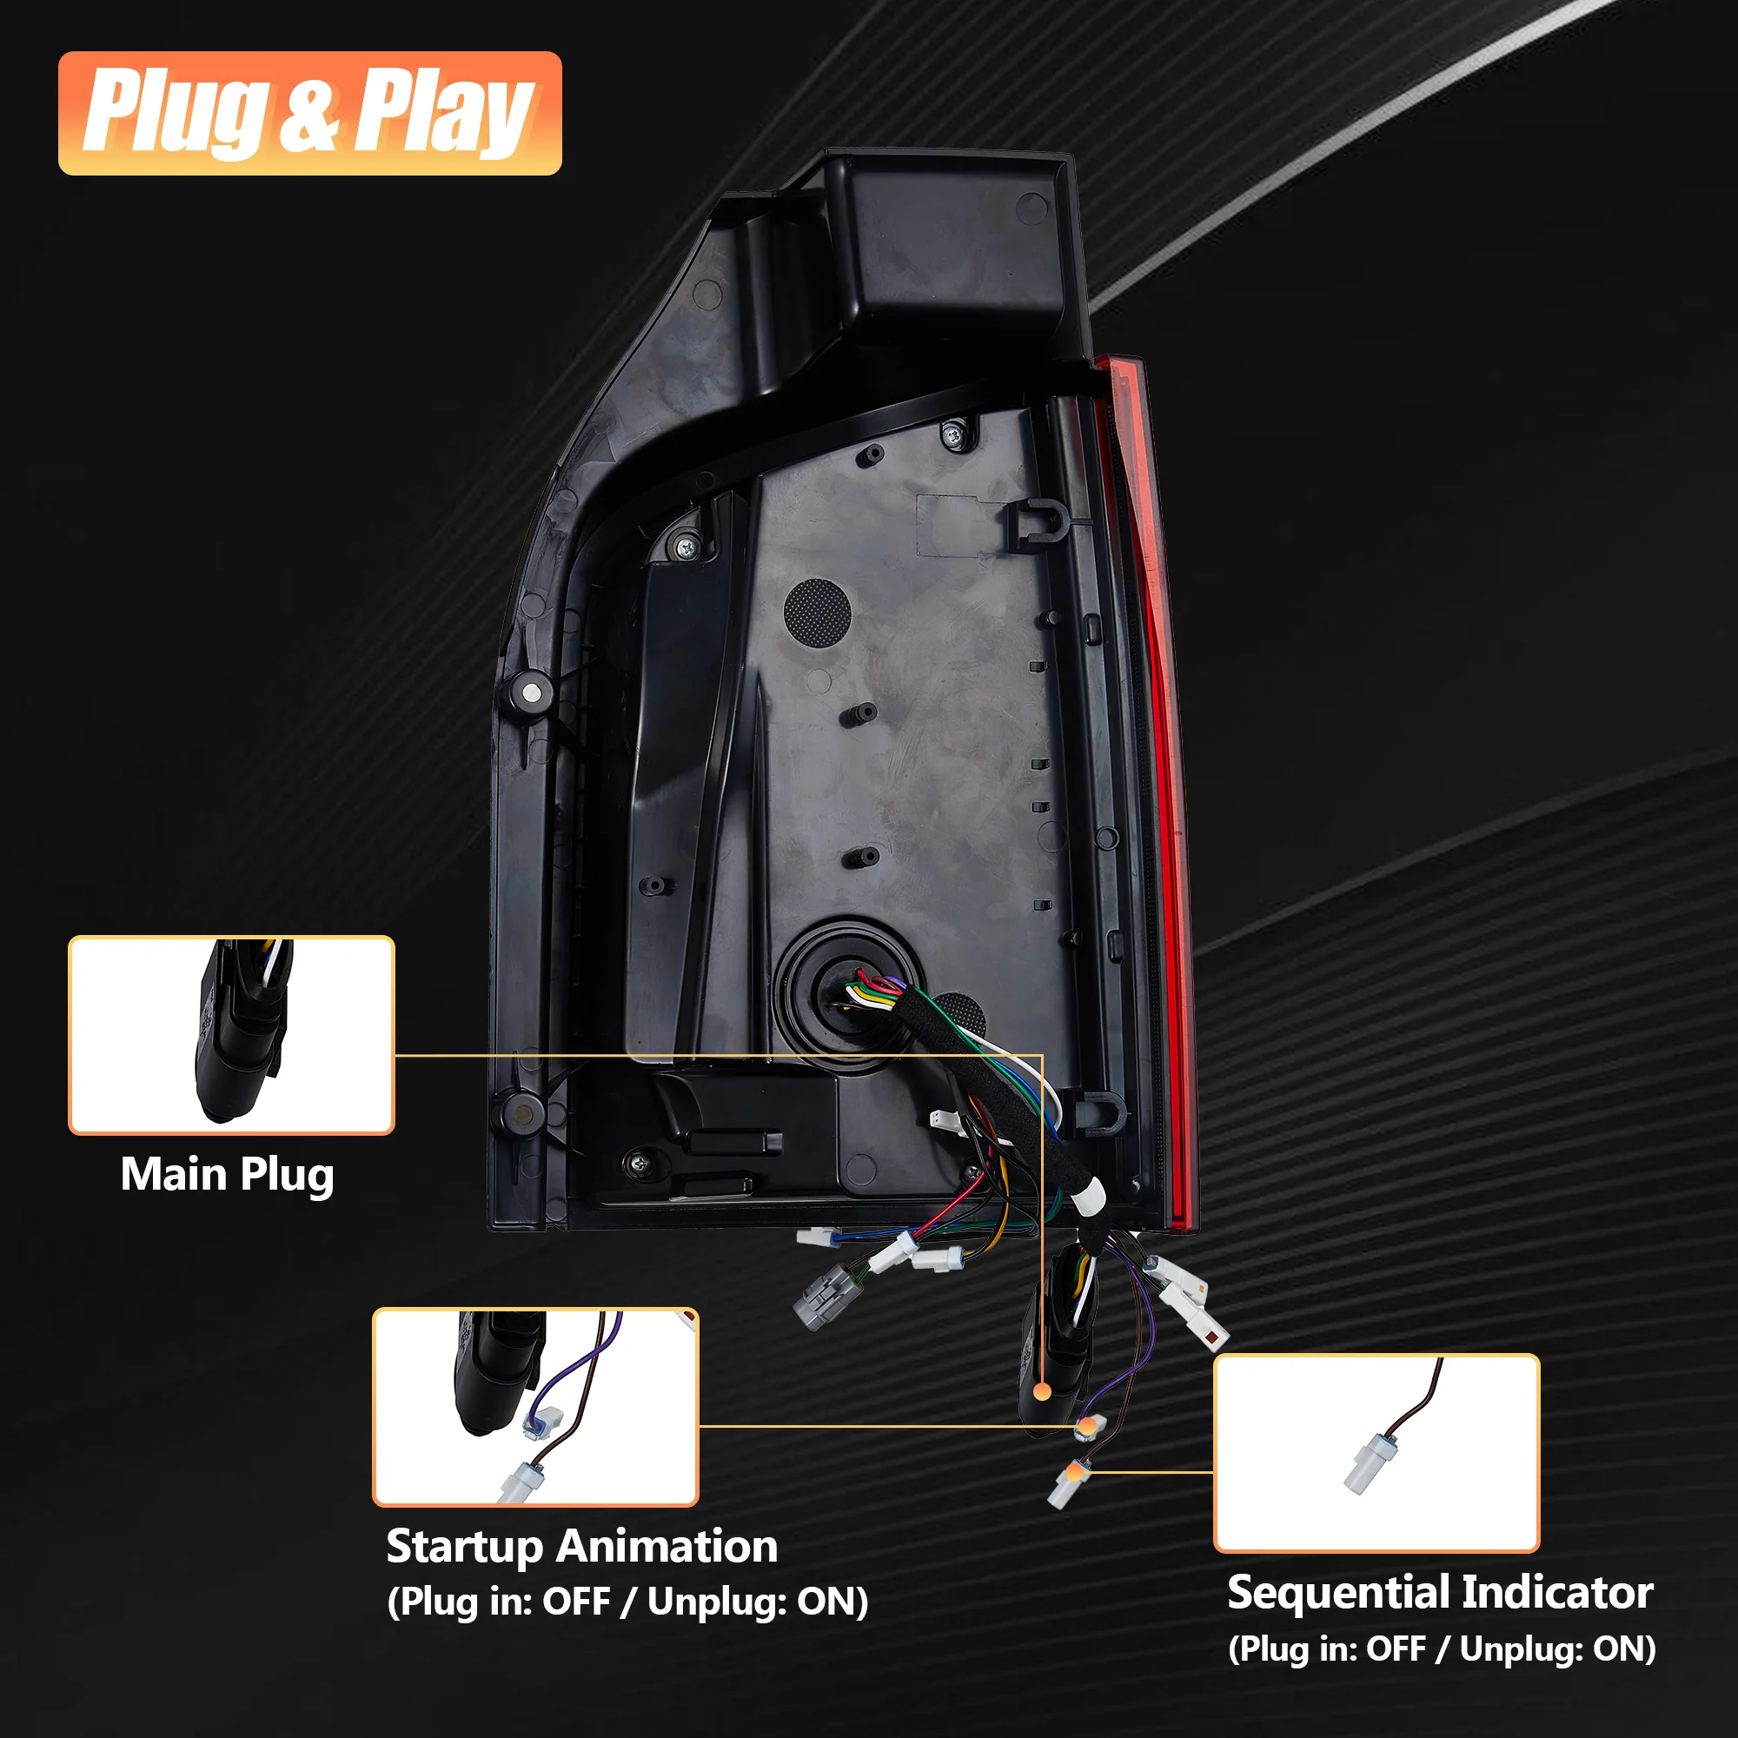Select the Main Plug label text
[228, 1176]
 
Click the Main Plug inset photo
[231, 1034]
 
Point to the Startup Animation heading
[582, 1548]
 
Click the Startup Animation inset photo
[535, 1407]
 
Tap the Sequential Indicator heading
[1440, 1592]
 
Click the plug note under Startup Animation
[628, 1602]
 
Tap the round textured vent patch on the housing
[817, 611]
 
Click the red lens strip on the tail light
[1154, 792]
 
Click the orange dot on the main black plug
[1043, 1391]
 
